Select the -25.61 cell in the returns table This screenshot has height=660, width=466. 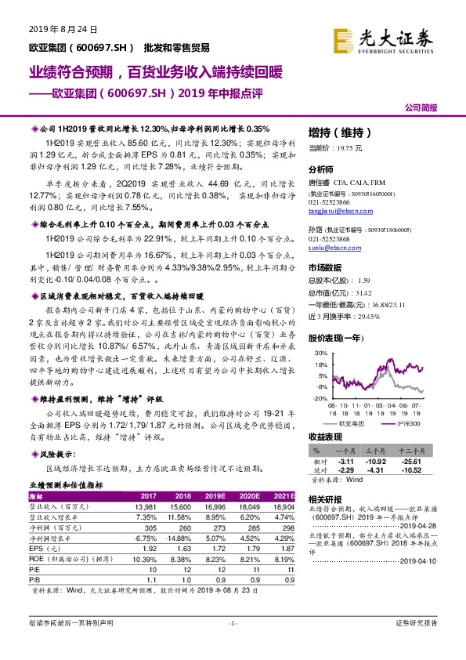(x=434, y=462)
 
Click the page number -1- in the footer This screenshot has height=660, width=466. (x=233, y=644)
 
